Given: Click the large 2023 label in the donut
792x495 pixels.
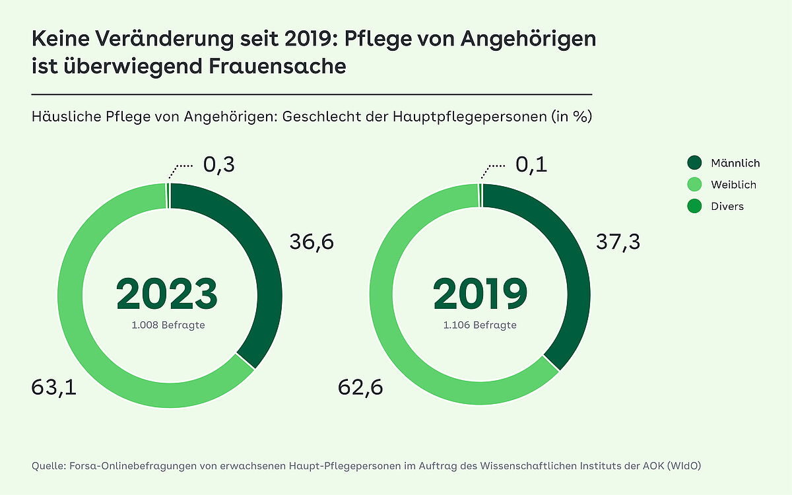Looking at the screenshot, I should click(166, 294).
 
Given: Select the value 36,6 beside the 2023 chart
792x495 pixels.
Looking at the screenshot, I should click(312, 242).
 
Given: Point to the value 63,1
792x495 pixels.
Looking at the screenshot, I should click(54, 387).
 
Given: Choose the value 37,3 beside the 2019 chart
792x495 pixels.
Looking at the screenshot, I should click(618, 242).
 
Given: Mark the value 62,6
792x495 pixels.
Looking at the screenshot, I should click(361, 387).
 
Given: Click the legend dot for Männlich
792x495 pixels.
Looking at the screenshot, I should click(694, 163).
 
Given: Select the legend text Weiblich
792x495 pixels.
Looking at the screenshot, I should click(733, 185).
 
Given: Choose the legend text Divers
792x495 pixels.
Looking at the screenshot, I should click(727, 207).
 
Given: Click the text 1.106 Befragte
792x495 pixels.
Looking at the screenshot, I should click(480, 325).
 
